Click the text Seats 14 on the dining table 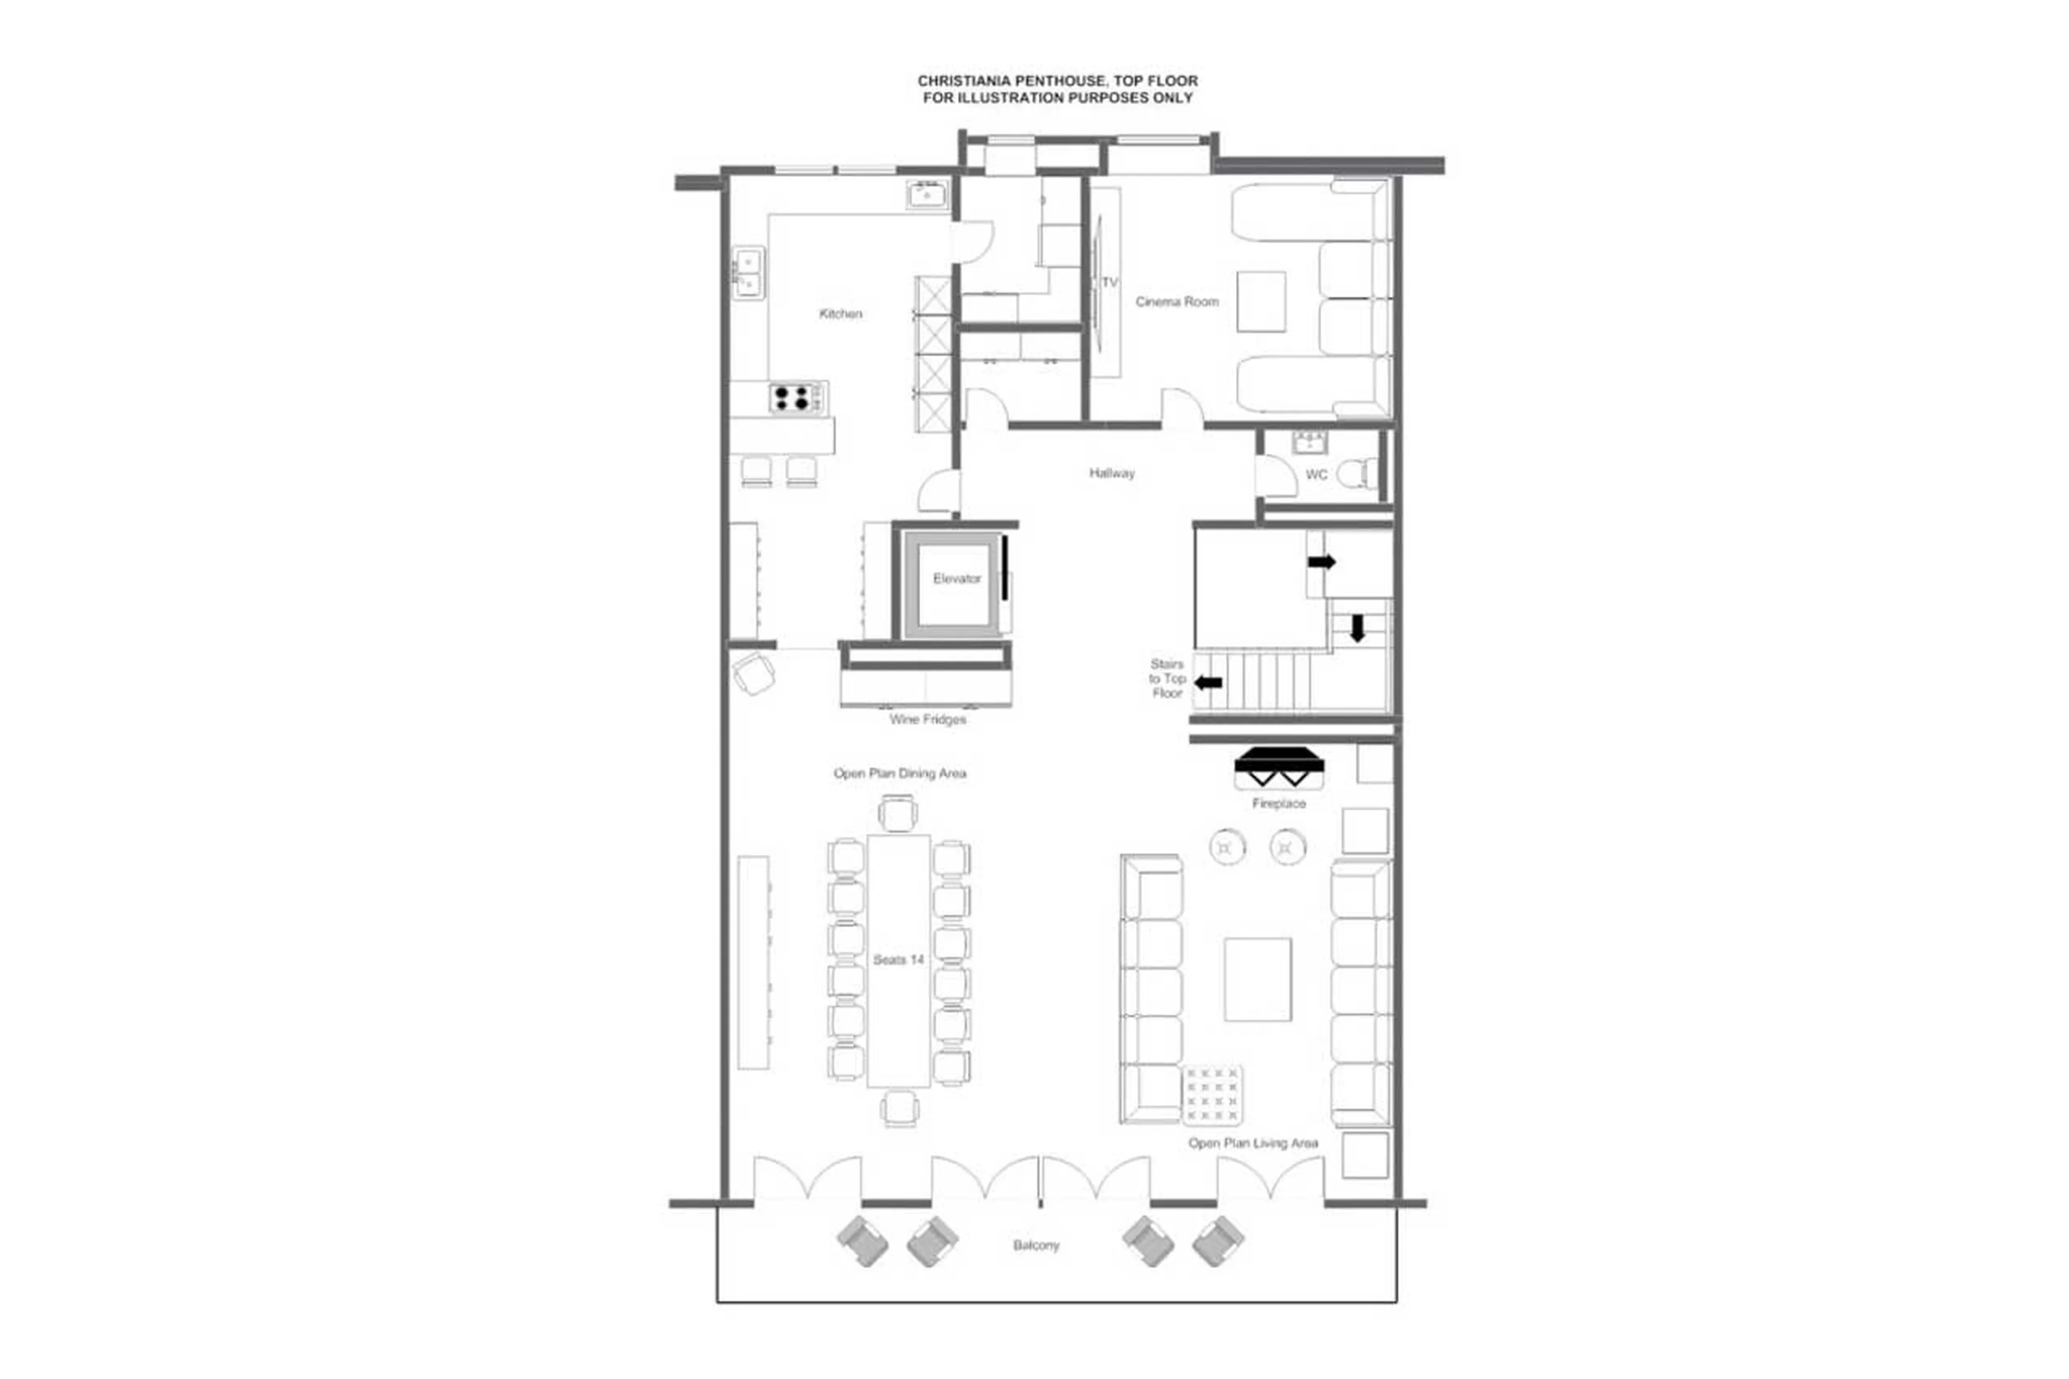[x=898, y=960]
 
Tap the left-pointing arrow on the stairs [x=1207, y=682]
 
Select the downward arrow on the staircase [x=1357, y=627]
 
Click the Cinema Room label [x=1176, y=302]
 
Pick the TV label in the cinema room [x=1109, y=282]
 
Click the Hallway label [x=1112, y=473]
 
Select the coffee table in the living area [x=1256, y=979]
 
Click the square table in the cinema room [x=1260, y=302]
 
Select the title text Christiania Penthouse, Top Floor [x=1057, y=81]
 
